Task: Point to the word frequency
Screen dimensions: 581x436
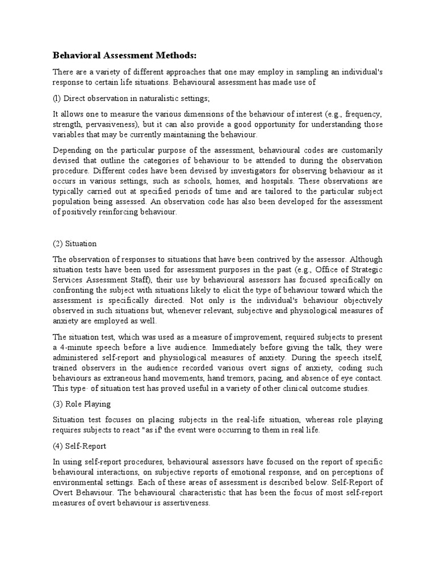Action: click(x=363, y=114)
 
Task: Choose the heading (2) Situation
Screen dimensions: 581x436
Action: click(x=74, y=243)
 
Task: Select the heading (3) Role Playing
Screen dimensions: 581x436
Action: click(x=82, y=405)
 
